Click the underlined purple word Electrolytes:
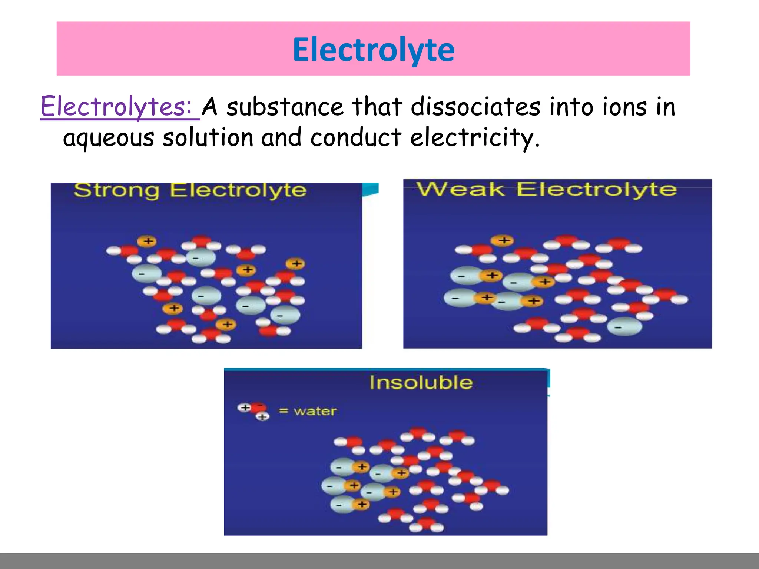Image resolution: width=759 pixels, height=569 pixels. coord(116,107)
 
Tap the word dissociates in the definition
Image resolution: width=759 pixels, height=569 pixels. coord(475,107)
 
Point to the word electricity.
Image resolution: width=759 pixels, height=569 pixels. coord(474,138)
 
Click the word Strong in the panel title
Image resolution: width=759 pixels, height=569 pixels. coord(116,191)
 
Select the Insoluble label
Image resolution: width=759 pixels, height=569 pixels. coord(421,382)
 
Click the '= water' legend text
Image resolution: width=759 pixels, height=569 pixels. coord(308,411)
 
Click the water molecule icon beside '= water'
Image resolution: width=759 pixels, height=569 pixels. coord(254,410)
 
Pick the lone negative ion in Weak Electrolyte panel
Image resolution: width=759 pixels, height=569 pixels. coord(624,326)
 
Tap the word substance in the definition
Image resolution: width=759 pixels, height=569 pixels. coord(285,107)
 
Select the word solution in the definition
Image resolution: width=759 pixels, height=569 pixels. coord(208,137)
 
